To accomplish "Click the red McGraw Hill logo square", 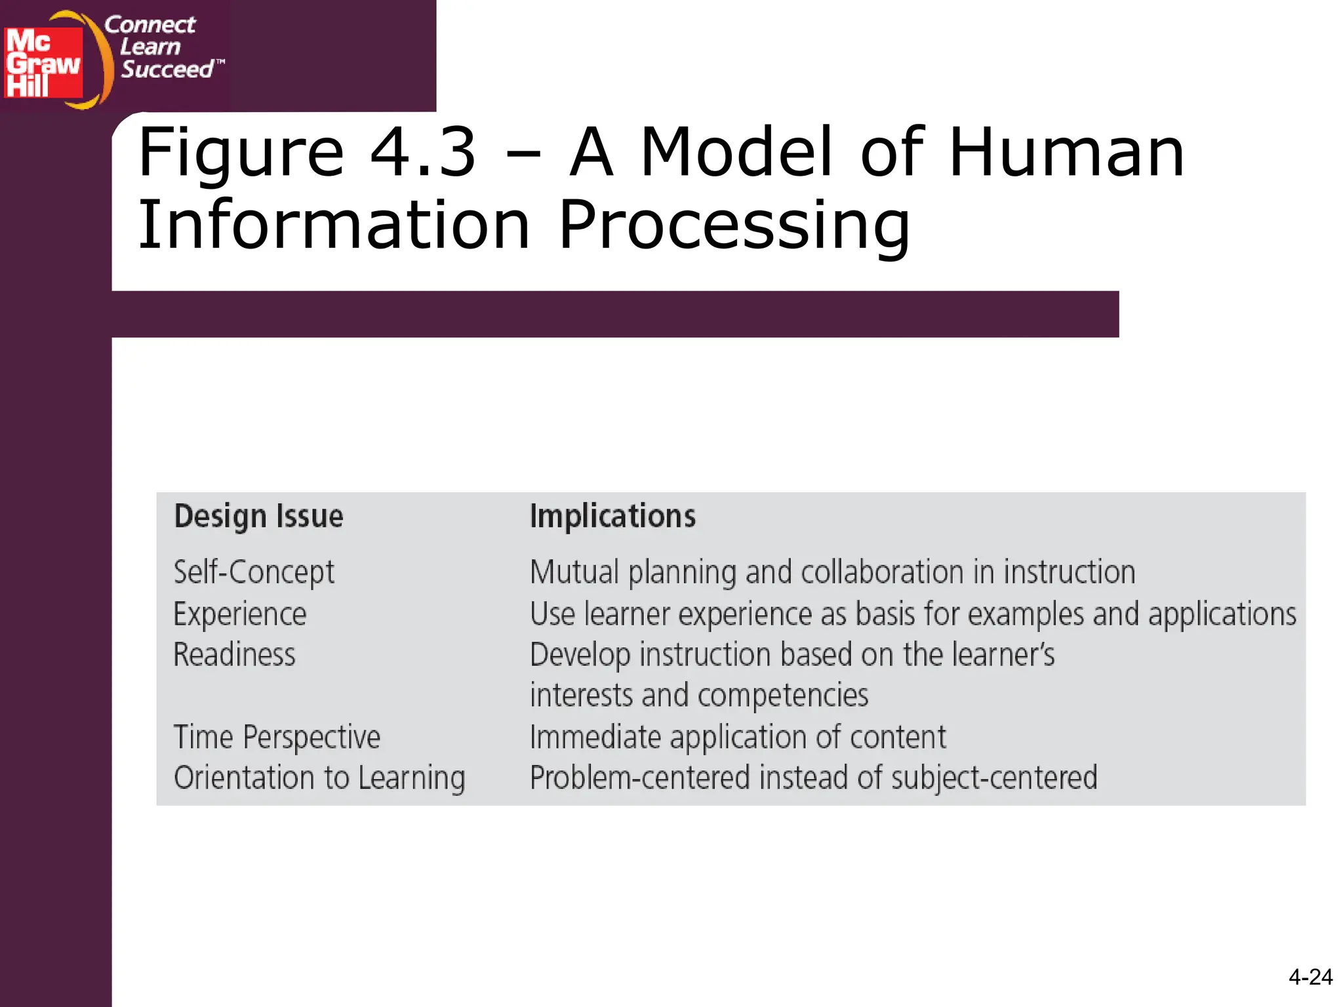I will [43, 63].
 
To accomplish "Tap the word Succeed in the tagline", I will [168, 69].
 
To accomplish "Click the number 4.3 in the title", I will [422, 152].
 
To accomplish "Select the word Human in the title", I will [1066, 152].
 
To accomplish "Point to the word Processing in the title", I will [734, 226].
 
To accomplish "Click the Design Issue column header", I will [258, 516].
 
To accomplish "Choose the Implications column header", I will [612, 516].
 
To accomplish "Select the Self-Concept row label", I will [254, 572].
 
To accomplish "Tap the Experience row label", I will [240, 614].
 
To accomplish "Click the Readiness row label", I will [234, 655].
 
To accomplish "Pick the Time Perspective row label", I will [277, 737].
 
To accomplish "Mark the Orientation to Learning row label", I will [319, 778].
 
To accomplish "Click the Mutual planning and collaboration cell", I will [832, 572].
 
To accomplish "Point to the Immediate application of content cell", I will [738, 737].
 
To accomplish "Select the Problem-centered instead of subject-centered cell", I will [813, 778].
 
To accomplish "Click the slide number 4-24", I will [1310, 977].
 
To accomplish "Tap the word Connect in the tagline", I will [150, 25].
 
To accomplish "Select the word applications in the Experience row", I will [1222, 614].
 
